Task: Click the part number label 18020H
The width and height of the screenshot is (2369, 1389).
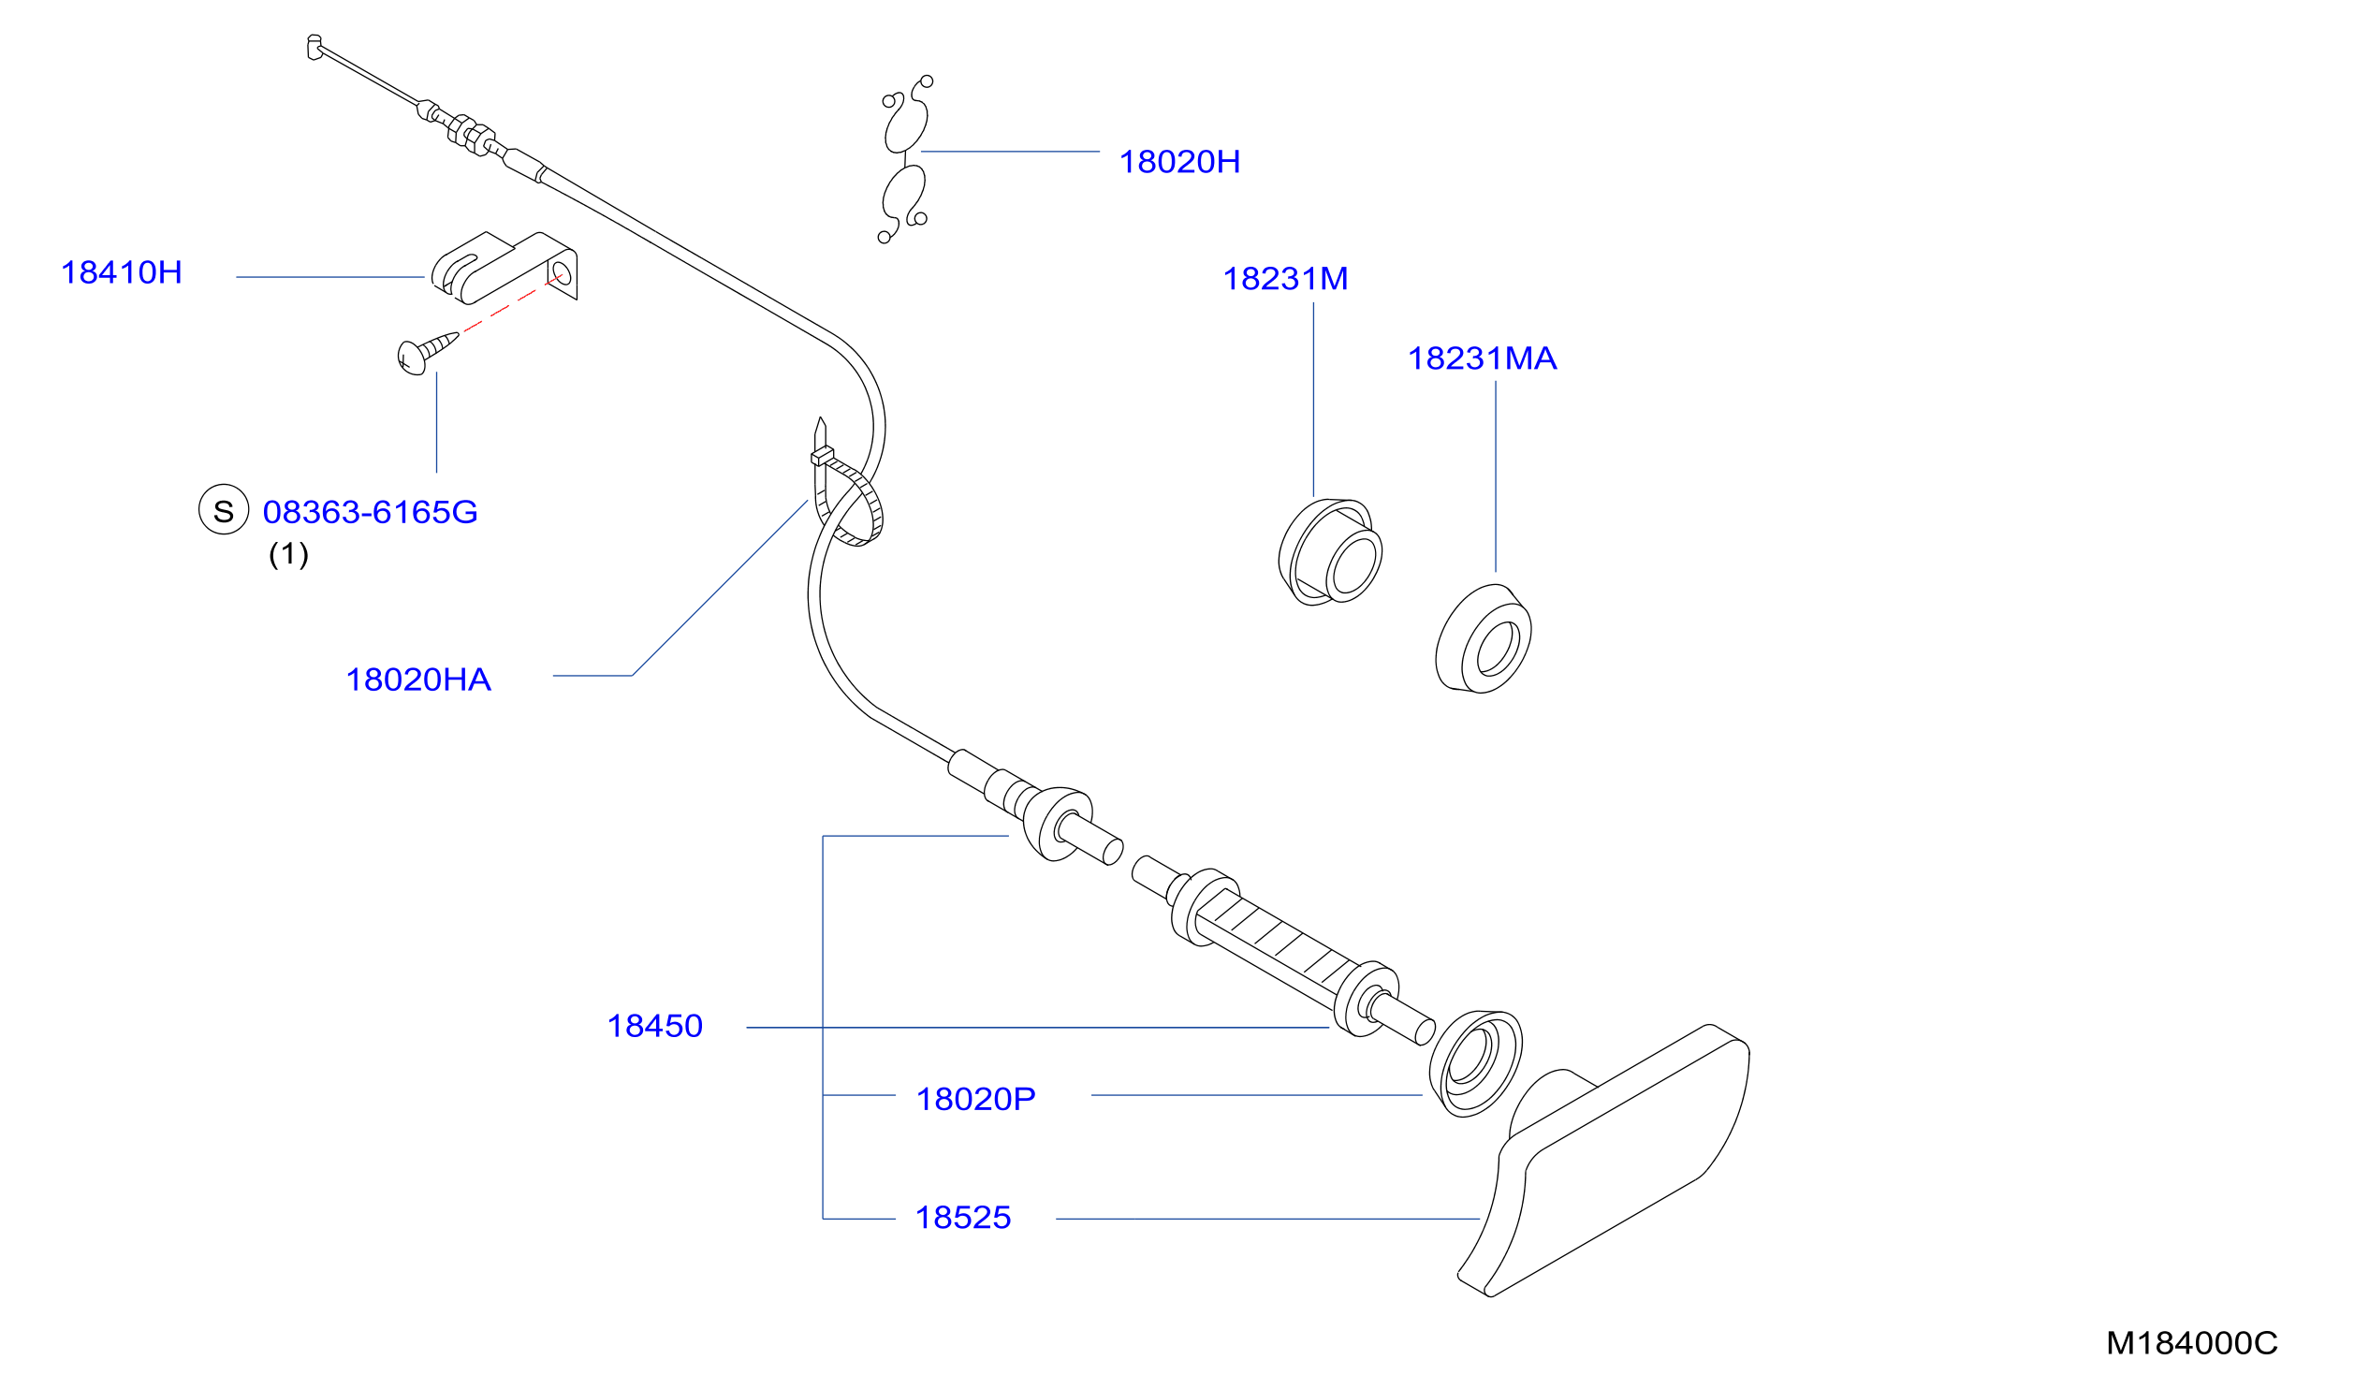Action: tap(1178, 162)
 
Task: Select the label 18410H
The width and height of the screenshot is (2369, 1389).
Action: tap(122, 272)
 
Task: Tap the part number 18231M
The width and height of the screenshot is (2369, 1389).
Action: tap(1285, 278)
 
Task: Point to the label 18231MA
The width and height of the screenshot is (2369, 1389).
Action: tap(1482, 358)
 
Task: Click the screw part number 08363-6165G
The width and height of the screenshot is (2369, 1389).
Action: tap(370, 512)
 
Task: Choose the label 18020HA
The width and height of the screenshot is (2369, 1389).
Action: tap(418, 680)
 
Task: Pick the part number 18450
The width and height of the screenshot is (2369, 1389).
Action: tap(654, 1025)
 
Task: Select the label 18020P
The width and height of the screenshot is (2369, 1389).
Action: tap(975, 1099)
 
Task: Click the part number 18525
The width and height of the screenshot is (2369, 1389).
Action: tap(962, 1217)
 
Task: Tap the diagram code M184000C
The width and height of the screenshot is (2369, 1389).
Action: tap(2191, 1343)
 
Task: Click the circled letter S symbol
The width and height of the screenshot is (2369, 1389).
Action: tap(224, 509)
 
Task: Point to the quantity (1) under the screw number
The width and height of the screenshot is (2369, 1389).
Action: tap(288, 554)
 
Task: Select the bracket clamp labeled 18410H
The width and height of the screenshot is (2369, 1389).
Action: tap(504, 268)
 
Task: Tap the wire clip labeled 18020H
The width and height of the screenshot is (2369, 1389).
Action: tap(905, 160)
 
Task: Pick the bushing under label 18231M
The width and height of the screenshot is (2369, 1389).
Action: tap(1329, 551)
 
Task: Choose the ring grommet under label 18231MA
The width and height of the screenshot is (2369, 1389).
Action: tap(1483, 639)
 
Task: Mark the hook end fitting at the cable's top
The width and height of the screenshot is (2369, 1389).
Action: tap(314, 47)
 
